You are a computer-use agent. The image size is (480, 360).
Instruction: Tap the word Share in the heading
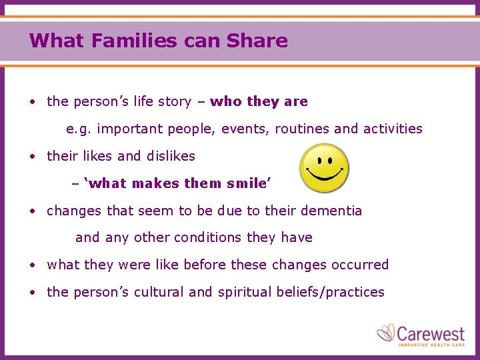click(x=257, y=41)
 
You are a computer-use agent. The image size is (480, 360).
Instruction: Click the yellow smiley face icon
click(x=323, y=169)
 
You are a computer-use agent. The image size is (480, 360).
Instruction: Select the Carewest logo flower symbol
click(x=387, y=333)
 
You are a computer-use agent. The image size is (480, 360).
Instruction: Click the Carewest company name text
click(x=431, y=332)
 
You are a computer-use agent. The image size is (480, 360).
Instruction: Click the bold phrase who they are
click(x=259, y=101)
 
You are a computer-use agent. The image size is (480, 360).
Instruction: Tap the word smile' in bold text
click(x=250, y=183)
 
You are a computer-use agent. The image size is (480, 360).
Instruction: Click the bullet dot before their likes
click(x=32, y=157)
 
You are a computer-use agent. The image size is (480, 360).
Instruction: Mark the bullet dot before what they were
click(x=32, y=265)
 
